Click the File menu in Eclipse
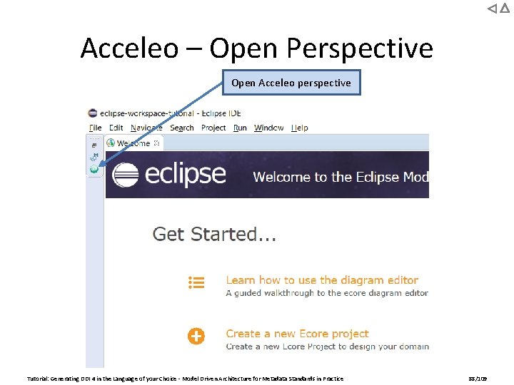coord(96,128)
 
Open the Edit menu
coord(116,128)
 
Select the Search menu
coord(182,128)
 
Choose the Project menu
coord(213,128)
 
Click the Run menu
coord(240,128)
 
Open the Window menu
coord(269,128)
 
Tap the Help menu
coord(300,128)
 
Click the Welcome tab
coord(133,143)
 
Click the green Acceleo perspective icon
coord(94,169)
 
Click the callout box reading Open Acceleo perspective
coord(291,83)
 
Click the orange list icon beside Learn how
coord(196,282)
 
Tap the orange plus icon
coord(196,336)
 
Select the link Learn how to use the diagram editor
coord(322,280)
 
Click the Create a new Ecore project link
coord(297,334)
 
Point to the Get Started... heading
coord(215,234)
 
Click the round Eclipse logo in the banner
coord(126,175)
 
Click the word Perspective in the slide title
coord(361,48)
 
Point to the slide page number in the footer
coord(477,379)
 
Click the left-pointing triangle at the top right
coord(491,9)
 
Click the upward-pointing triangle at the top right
coord(504,9)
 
